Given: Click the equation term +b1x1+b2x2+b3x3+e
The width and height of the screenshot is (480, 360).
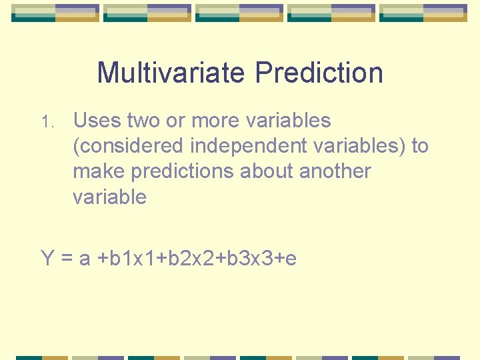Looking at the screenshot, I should point(197,258).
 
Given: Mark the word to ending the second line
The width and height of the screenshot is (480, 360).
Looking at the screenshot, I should point(420,146).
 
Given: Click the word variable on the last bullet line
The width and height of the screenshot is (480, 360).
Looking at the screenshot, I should point(109,197).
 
